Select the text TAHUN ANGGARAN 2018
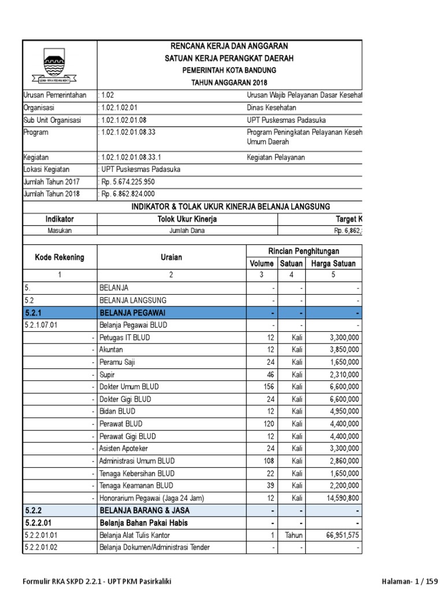coord(230,83)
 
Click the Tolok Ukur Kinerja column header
coord(187,219)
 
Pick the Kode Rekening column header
coord(59,257)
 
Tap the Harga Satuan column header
coord(334,263)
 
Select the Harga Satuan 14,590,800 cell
coord(339,498)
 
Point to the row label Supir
coord(107,374)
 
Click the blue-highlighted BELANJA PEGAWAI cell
coord(172,313)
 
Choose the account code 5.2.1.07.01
coord(42,325)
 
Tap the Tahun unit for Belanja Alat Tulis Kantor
coord(294,535)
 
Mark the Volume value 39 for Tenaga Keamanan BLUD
coord(269,485)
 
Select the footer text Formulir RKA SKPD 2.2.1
coord(64,581)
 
